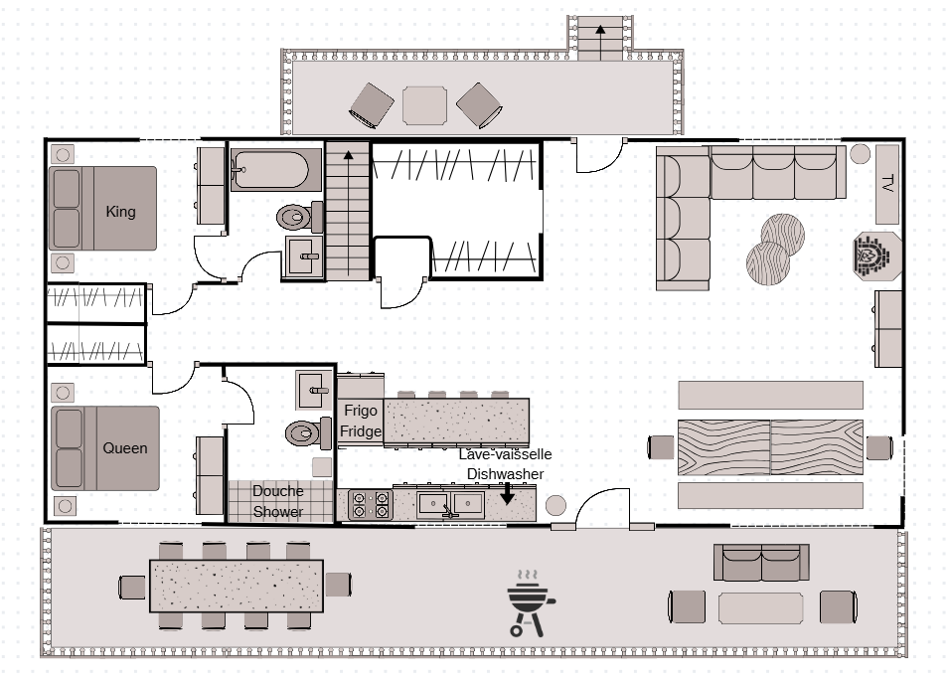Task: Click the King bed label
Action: pos(120,212)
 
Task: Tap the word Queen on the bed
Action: pos(124,448)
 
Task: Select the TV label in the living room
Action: pos(887,183)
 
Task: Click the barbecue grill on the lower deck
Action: pos(531,603)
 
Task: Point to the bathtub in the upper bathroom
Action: pos(276,170)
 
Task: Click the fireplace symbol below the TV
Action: pos(877,256)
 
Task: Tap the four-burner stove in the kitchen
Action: pos(371,505)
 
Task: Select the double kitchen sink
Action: pos(451,504)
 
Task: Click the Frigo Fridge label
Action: pos(361,421)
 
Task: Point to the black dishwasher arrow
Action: pos(507,493)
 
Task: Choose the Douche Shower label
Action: pos(278,501)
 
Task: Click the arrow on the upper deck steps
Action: pos(600,43)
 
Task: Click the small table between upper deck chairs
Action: pos(425,105)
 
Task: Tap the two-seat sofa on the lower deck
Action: pos(761,563)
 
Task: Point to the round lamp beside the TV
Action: pos(860,154)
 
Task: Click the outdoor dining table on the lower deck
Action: pos(237,587)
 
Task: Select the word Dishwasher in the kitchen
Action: pos(506,474)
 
